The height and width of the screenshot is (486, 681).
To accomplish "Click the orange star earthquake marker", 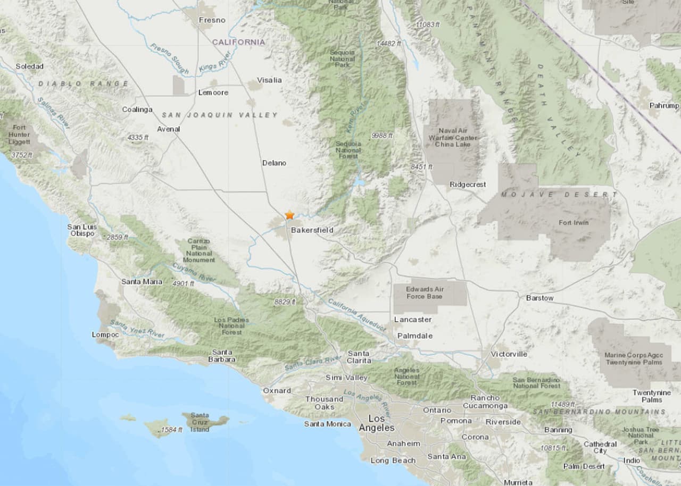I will (289, 215).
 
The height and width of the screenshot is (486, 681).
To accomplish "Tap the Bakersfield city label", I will (312, 230).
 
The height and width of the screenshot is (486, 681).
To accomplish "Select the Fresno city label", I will (212, 20).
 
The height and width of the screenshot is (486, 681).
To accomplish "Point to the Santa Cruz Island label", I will (200, 422).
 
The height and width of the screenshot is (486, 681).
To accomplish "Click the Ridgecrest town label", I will (468, 185).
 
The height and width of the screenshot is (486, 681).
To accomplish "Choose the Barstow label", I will (539, 298).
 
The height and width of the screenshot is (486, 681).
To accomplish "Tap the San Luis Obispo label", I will (81, 230).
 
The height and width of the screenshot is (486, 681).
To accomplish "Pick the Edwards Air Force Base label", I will (424, 292).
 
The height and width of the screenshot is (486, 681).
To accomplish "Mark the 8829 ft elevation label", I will (285, 301).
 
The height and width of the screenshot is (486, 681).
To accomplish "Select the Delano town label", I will (274, 163).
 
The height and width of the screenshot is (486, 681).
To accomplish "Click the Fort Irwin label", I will (574, 223).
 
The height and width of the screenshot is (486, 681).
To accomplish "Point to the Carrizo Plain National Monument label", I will (199, 250).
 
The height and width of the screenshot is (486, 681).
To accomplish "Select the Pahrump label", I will (664, 106).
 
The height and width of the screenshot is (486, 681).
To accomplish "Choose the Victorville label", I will (509, 354).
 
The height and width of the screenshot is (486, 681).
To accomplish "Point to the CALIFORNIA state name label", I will (238, 41).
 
